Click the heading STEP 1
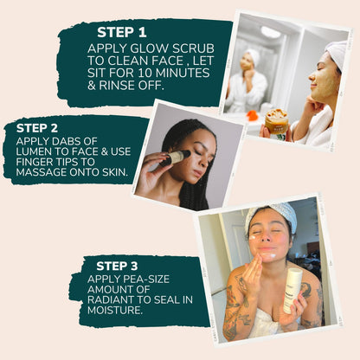122,32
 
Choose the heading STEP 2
37,126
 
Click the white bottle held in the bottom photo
292,290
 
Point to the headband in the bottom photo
269,213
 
